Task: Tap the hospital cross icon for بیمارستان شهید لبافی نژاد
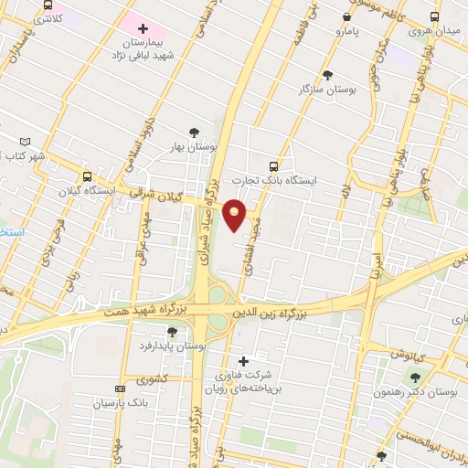143,28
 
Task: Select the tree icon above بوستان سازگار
328,75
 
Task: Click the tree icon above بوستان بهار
192,133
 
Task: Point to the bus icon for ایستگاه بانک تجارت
272,165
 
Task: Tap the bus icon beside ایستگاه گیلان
88,176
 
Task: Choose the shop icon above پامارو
346,16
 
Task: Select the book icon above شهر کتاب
24,142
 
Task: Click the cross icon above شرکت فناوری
243,360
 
